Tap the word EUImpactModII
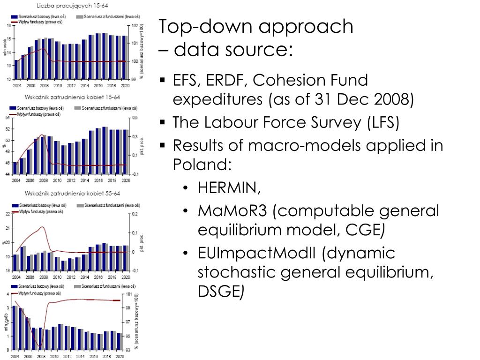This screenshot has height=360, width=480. click(257, 253)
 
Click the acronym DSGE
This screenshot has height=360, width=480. click(218, 292)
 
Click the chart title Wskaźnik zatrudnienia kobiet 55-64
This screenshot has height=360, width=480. click(73, 193)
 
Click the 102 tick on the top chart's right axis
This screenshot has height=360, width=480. click(135, 26)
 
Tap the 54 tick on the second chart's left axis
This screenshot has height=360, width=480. click(7, 118)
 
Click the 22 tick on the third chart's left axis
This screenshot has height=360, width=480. click(7, 214)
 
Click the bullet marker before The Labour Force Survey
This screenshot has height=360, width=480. click(162, 123)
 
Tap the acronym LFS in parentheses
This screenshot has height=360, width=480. click(382, 123)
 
